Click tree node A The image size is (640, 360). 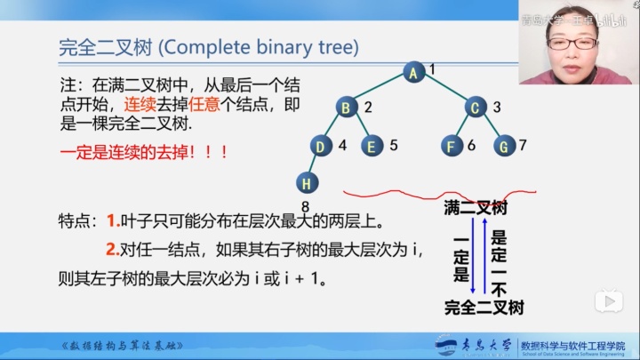point(412,73)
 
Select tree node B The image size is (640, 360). point(346,108)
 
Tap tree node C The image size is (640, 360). point(476,108)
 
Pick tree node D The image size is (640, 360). point(321,145)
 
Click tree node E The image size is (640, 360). point(372,145)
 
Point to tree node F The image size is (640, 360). point(452,145)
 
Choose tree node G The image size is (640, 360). point(504,145)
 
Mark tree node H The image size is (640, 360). point(307,183)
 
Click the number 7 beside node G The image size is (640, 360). point(524,145)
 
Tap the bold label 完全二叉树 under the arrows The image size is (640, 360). point(484,308)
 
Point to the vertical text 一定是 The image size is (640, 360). point(460,259)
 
